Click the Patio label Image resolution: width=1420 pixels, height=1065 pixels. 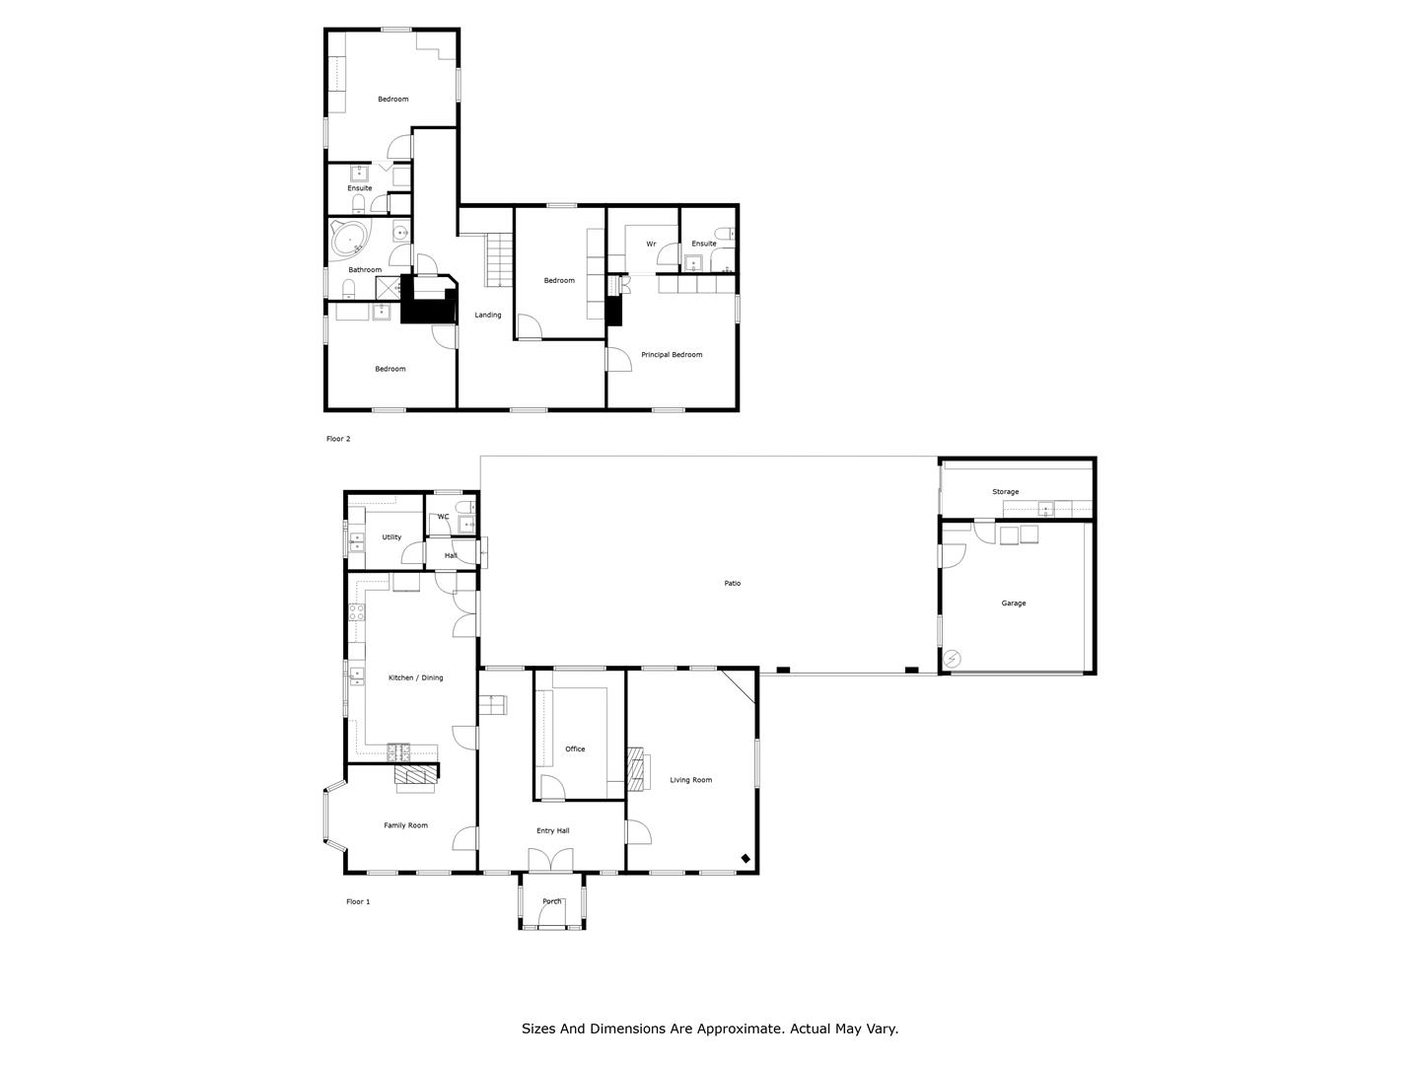coord(732,583)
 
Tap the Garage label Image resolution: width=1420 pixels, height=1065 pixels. coord(1013,603)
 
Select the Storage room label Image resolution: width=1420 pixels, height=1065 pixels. coord(1005,492)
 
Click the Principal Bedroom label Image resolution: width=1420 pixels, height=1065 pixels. coord(672,355)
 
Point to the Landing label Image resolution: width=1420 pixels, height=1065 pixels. coord(488,316)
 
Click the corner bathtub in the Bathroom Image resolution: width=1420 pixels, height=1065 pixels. coord(349,239)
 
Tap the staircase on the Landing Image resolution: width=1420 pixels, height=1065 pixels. coord(500,260)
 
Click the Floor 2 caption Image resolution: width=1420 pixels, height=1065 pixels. coord(337,439)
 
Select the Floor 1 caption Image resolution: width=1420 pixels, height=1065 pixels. coord(358,902)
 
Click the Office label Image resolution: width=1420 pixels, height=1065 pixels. coord(575,749)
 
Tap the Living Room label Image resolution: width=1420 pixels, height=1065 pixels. coord(690,780)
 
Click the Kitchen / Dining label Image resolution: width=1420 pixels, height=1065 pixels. coord(415,678)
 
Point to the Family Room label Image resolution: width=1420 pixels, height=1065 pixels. coord(405,825)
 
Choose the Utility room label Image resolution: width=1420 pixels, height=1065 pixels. coord(391,537)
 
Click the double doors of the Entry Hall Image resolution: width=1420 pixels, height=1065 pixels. coord(550,861)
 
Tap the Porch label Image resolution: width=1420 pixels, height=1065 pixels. coord(551,901)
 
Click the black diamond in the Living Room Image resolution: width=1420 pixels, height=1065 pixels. coord(745,859)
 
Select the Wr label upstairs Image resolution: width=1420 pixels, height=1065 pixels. coord(651,245)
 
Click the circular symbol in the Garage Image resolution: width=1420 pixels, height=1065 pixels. coord(953,660)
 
